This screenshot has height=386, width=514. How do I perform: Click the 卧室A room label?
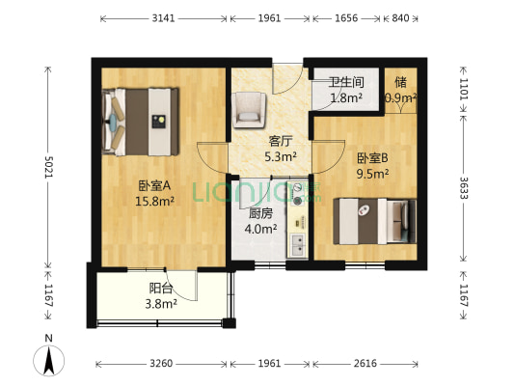coord(154,186)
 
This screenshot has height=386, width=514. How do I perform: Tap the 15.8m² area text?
coord(154,202)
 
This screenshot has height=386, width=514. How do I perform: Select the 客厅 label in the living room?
coord(280,140)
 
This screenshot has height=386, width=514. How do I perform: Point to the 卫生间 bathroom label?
coord(345,83)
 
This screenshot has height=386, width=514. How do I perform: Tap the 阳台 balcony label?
coord(161,288)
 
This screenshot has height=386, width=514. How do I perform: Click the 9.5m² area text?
coord(372,175)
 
